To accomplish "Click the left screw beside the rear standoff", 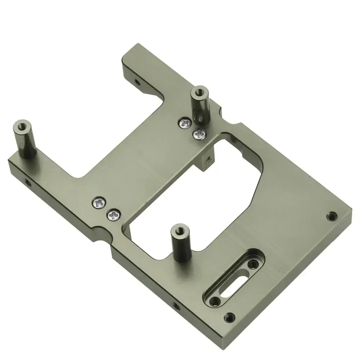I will click(x=185, y=123).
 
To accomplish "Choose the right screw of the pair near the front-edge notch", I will click(x=113, y=215).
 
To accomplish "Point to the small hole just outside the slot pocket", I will click(x=229, y=318).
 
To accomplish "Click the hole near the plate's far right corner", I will click(x=331, y=217).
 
